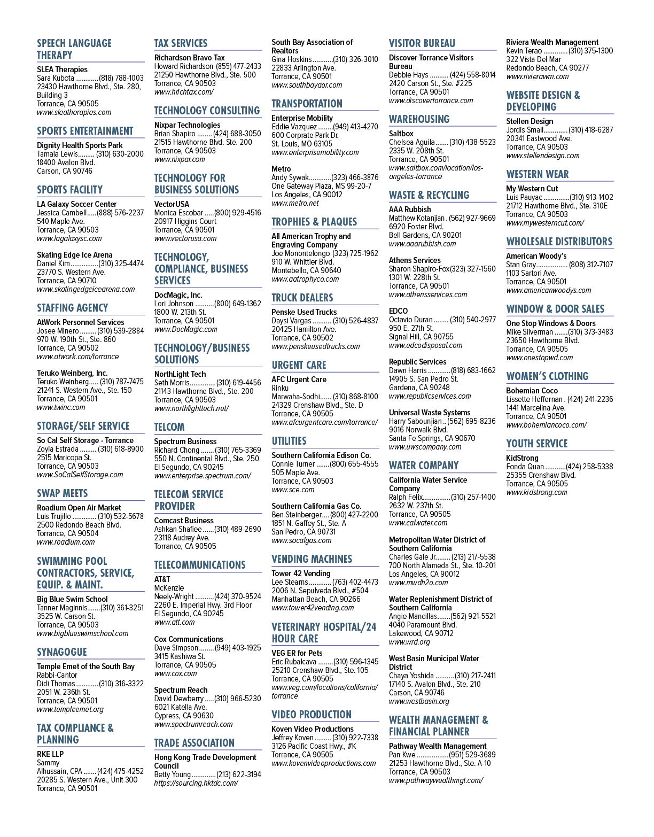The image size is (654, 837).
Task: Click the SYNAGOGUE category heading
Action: pyautogui.click(x=62, y=652)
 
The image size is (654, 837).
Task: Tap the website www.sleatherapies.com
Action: pyautogui.click(x=74, y=112)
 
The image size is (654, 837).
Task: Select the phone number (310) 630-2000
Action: pyautogui.click(x=120, y=154)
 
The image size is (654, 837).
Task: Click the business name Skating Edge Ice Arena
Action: pyautogui.click(x=75, y=255)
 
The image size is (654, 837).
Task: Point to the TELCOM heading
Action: pyautogui.click(x=169, y=427)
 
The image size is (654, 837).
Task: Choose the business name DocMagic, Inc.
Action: pyautogui.click(x=178, y=295)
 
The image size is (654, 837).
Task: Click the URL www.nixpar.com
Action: pyautogui.click(x=180, y=159)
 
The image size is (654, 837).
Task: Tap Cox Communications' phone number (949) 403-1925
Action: pyautogui.click(x=238, y=648)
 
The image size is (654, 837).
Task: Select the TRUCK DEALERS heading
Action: pyautogui.click(x=302, y=297)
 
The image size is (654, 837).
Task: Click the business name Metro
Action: pyautogui.click(x=281, y=169)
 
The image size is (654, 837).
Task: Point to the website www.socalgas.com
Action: pyautogui.click(x=301, y=540)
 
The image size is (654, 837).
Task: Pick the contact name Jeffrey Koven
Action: pyautogui.click(x=293, y=738)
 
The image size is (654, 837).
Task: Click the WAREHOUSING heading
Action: pyautogui.click(x=419, y=119)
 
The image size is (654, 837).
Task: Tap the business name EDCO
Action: pyautogui.click(x=398, y=311)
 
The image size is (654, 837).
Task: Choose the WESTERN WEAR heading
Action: pyautogui.click(x=538, y=174)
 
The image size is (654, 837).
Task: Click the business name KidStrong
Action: pyautogui.click(x=522, y=458)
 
